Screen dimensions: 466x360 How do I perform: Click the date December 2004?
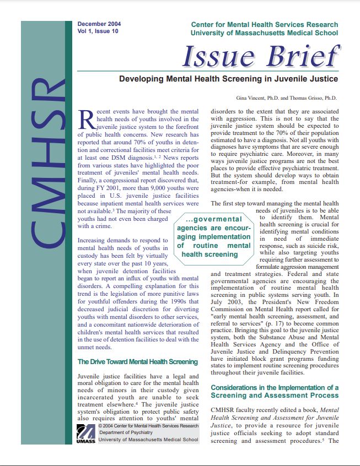point(99,24)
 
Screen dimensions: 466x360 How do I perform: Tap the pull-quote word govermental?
point(217,219)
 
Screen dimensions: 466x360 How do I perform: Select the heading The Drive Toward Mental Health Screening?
point(137,362)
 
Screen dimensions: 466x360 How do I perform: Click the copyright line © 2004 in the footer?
point(148,426)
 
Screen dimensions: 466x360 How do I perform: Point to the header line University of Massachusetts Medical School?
point(264,34)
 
